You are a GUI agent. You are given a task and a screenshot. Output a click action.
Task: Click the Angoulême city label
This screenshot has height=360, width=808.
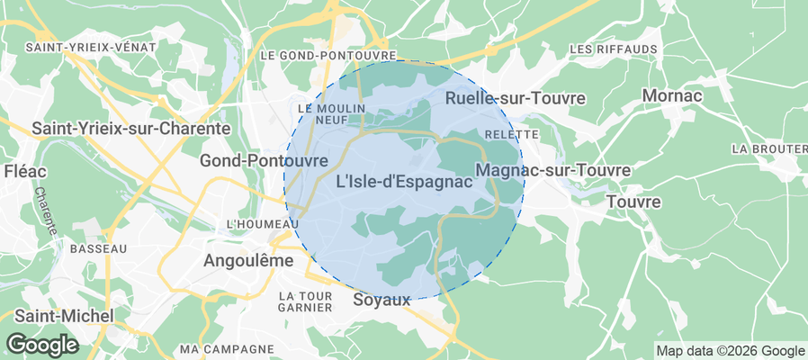pyautogui.click(x=238, y=260)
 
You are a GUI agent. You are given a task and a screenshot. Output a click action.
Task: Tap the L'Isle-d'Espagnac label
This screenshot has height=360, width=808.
pyautogui.click(x=404, y=182)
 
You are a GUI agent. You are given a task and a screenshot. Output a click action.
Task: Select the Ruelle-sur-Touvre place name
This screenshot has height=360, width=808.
pyautogui.click(x=516, y=97)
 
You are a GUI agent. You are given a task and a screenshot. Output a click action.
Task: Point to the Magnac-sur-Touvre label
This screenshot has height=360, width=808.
pyautogui.click(x=552, y=170)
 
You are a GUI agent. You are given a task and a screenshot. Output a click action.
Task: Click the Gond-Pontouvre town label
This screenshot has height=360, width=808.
pyautogui.click(x=264, y=159)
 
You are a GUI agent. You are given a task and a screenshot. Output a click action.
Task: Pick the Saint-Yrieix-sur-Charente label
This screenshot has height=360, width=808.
pyautogui.click(x=130, y=129)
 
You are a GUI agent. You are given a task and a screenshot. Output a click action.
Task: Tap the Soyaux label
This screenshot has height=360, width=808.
pyautogui.click(x=382, y=299)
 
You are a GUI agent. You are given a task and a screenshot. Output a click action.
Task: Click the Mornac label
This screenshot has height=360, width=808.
pyautogui.click(x=673, y=94)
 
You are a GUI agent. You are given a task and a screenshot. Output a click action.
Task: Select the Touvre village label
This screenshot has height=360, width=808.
pyautogui.click(x=633, y=202)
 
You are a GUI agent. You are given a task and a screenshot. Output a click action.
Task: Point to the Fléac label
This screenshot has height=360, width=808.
pyautogui.click(x=21, y=171)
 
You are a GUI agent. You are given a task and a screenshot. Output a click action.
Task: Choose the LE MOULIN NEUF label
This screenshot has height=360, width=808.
pyautogui.click(x=320, y=113)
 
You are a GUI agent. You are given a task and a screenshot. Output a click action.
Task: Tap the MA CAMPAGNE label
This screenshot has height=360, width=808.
pyautogui.click(x=226, y=348)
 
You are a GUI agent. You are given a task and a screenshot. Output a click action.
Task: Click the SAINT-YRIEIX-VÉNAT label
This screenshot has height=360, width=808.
pyautogui.click(x=91, y=47)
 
